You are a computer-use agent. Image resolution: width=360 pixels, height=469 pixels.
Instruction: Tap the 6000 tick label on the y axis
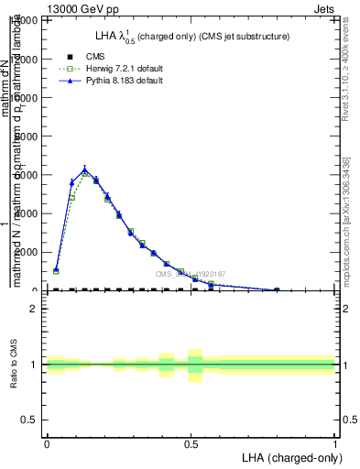(26, 175)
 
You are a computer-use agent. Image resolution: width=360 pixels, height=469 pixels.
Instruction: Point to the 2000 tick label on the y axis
(26, 252)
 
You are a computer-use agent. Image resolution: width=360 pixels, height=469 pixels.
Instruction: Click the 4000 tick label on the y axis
(26, 213)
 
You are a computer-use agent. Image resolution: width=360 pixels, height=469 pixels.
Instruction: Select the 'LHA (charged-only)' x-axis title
(287, 457)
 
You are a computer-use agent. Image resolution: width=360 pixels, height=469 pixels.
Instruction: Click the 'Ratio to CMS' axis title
(14, 365)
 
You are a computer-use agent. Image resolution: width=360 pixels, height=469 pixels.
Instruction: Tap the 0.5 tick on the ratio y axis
(29, 420)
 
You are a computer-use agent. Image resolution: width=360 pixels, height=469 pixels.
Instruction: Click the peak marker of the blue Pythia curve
(84, 169)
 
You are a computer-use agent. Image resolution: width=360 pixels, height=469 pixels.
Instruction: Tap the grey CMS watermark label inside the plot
(190, 274)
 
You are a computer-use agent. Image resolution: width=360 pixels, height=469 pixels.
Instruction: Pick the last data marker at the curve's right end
(277, 289)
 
